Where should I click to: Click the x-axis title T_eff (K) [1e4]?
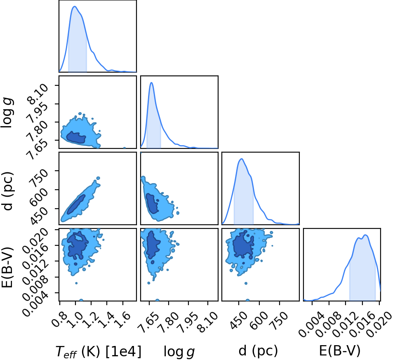point(98,351)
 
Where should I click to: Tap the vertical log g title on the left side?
point(7,113)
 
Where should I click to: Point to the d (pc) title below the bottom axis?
point(258,351)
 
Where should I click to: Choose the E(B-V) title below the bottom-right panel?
point(340,351)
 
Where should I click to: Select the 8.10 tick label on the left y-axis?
point(38,94)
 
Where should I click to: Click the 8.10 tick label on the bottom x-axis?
point(208,321)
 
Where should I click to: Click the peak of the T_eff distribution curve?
point(75,7)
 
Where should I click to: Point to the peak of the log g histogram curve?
point(151,82)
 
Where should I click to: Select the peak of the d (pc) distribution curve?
point(242,159)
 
